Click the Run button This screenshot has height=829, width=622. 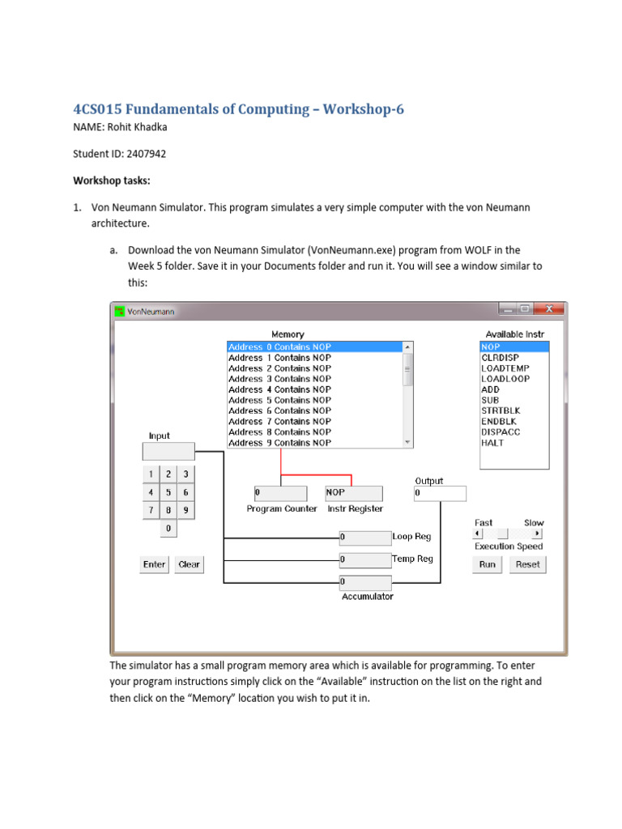click(487, 564)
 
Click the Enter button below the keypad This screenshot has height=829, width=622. click(154, 564)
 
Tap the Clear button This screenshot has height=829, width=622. click(189, 564)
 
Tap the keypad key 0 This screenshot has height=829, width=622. click(168, 529)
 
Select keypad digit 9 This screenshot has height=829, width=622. click(185, 510)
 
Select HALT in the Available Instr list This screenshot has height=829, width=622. click(492, 443)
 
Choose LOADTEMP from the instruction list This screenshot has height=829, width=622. click(505, 368)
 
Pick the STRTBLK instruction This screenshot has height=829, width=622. click(501, 410)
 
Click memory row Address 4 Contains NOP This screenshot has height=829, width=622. click(279, 389)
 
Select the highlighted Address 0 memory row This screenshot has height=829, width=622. click(279, 346)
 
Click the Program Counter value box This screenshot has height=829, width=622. click(280, 492)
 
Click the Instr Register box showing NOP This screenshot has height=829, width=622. click(353, 492)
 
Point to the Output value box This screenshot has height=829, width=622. click(440, 492)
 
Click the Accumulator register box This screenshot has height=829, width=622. click(365, 582)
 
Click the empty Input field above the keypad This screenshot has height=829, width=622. click(168, 451)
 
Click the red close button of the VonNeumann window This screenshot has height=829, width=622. click(551, 309)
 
